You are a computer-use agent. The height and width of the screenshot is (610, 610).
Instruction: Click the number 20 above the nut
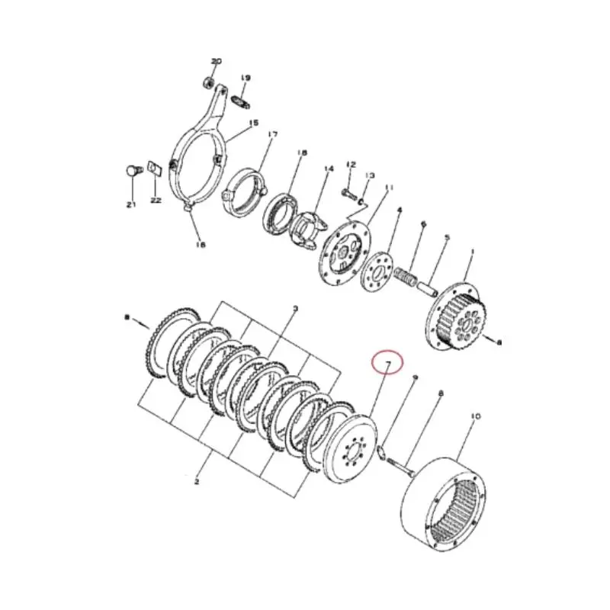tap(216, 61)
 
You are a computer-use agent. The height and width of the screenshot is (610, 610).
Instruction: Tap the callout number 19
tap(246, 78)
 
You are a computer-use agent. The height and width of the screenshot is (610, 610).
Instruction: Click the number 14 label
tap(329, 169)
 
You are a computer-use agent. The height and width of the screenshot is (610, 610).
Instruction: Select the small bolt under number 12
tap(348, 187)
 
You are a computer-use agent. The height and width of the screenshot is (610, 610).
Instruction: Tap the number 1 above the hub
tap(473, 252)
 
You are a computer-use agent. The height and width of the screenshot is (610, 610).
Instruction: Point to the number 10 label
tap(476, 416)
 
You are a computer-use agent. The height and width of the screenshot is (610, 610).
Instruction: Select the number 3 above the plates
tap(295, 309)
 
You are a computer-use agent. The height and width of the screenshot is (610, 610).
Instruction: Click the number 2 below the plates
tap(197, 481)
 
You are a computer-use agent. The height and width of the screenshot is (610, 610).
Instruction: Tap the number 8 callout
tap(440, 393)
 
